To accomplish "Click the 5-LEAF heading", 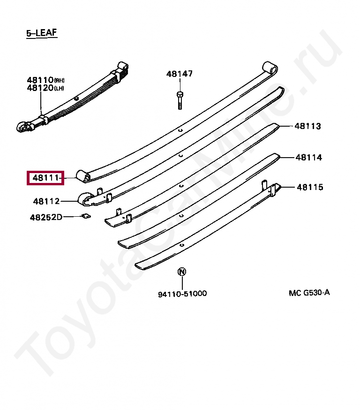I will point(42,33).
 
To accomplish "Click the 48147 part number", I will point(179,74).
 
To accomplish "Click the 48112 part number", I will point(46,201).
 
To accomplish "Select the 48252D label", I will point(46,217).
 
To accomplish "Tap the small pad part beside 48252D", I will point(85,216).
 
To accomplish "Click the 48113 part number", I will point(307,126).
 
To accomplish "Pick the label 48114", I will point(308,158).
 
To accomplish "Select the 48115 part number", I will point(309,187).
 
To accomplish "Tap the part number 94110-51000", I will point(182,294).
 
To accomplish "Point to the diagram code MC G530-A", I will point(309,293).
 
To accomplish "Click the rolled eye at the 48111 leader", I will point(84,176).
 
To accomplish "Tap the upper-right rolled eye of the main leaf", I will point(269,67).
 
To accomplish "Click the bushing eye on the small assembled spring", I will point(22,127).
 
